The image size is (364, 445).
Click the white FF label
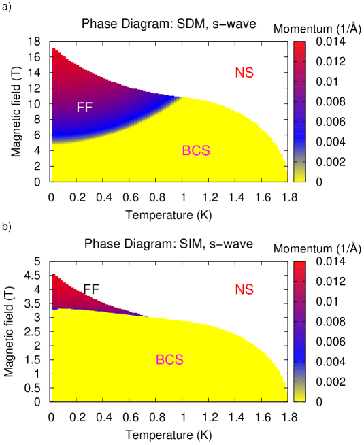pos(84,108)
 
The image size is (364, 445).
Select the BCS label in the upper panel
pos(196,151)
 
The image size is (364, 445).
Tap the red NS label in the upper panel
pos(244,73)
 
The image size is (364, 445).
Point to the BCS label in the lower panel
pos(169,360)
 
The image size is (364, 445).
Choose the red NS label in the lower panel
pos(244,290)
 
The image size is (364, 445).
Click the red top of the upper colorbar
pos(299,48)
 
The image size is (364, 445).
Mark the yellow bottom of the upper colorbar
pos(299,176)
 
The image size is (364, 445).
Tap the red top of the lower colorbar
pos(299,267)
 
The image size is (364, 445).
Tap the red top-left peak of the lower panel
pos(55,279)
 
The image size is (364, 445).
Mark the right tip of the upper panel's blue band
pos(181,98)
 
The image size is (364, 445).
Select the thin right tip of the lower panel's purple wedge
pos(148,315)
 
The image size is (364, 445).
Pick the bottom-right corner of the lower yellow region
pos(284,399)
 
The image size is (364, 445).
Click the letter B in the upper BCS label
pos(186,151)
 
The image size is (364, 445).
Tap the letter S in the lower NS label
pos(250,290)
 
